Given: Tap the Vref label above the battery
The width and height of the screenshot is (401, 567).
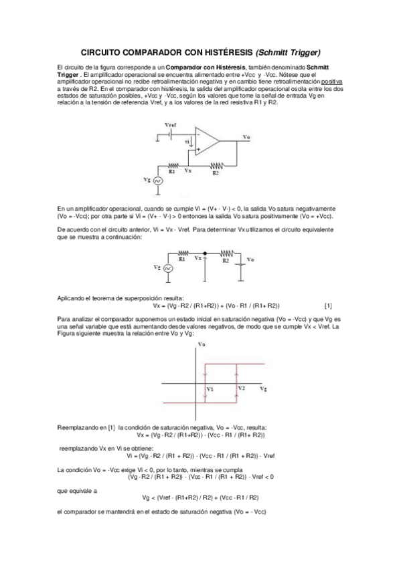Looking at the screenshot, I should point(171,125).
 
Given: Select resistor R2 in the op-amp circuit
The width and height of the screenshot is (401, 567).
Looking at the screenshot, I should point(215,166).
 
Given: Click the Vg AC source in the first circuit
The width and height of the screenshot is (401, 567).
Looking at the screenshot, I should point(159,181).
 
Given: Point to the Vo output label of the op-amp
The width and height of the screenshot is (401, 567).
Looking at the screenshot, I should point(246,137).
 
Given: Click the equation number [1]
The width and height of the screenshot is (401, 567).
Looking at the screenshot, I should point(327,306).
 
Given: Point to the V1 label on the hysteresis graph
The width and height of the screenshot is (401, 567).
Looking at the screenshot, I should point(210,388).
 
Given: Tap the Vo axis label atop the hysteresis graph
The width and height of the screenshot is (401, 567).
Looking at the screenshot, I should point(202,344).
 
